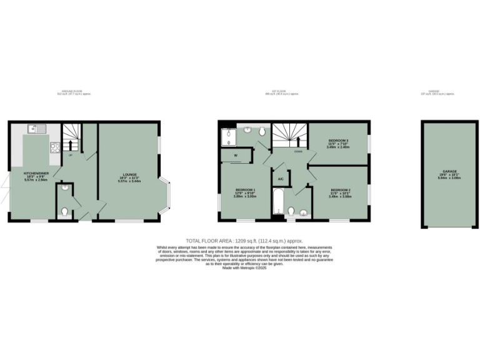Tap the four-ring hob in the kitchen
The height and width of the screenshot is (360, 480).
click(x=54, y=148)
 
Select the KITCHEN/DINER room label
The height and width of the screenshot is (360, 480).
click(x=36, y=174)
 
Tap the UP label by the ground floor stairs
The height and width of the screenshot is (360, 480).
click(x=71, y=154)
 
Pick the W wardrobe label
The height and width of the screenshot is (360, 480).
click(x=236, y=155)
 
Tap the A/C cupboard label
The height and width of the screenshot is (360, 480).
click(x=280, y=179)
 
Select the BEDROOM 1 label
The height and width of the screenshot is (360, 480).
click(x=245, y=191)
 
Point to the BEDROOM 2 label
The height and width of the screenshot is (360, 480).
click(x=340, y=191)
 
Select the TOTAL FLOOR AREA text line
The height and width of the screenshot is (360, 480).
click(x=240, y=241)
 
